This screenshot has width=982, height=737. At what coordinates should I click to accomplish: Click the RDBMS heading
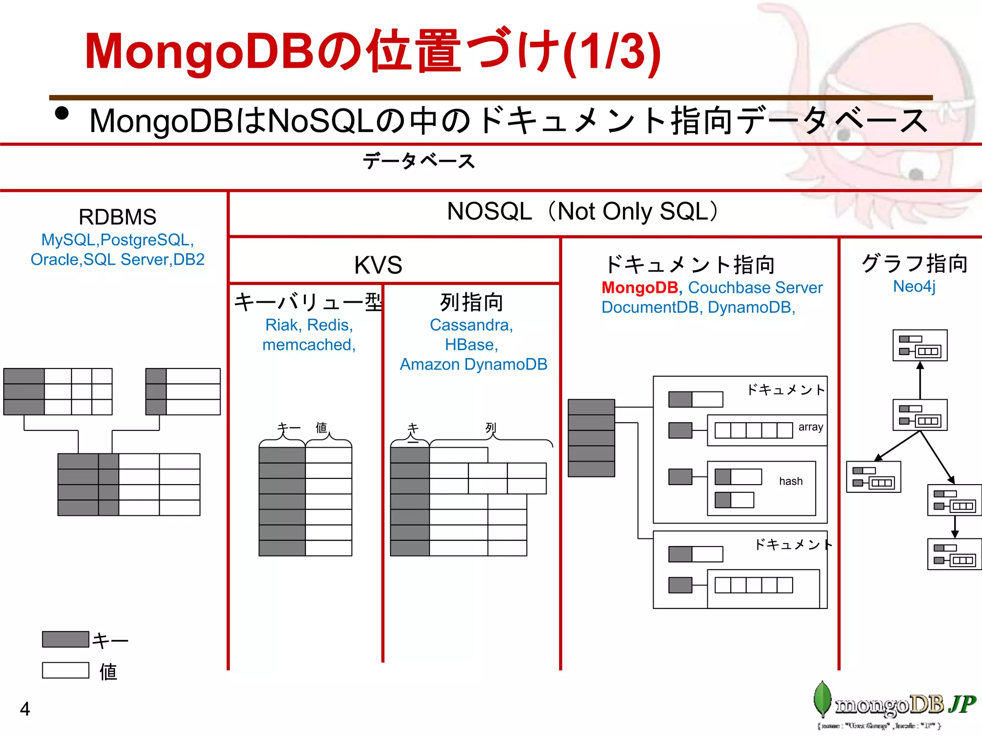[x=117, y=217]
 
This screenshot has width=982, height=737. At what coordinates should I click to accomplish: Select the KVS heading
[x=378, y=265]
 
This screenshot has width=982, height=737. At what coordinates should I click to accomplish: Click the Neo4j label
[x=914, y=286]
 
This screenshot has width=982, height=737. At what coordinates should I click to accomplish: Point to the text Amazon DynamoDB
[x=473, y=364]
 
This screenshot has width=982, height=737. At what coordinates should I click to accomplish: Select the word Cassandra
[x=470, y=325]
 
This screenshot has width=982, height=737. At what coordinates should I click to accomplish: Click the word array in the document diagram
[x=810, y=427]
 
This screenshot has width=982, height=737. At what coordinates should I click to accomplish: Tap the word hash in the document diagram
[x=790, y=481]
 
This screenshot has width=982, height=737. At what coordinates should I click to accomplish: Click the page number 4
[x=25, y=709]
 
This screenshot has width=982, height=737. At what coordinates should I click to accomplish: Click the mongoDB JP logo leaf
[x=822, y=699]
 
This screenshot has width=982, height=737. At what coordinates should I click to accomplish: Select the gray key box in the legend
[x=66, y=639]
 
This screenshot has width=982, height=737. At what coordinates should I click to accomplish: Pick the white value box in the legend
[x=66, y=670]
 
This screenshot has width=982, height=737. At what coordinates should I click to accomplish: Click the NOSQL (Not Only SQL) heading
[x=583, y=211]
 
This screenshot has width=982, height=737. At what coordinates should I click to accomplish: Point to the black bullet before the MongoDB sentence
[x=62, y=113]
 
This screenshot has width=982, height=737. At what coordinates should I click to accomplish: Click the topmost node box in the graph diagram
[x=920, y=345]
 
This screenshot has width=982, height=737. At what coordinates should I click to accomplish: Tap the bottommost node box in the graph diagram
[x=954, y=554]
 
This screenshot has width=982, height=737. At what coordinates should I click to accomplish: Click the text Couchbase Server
[x=755, y=287]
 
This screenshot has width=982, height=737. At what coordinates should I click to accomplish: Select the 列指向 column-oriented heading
[x=471, y=302]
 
